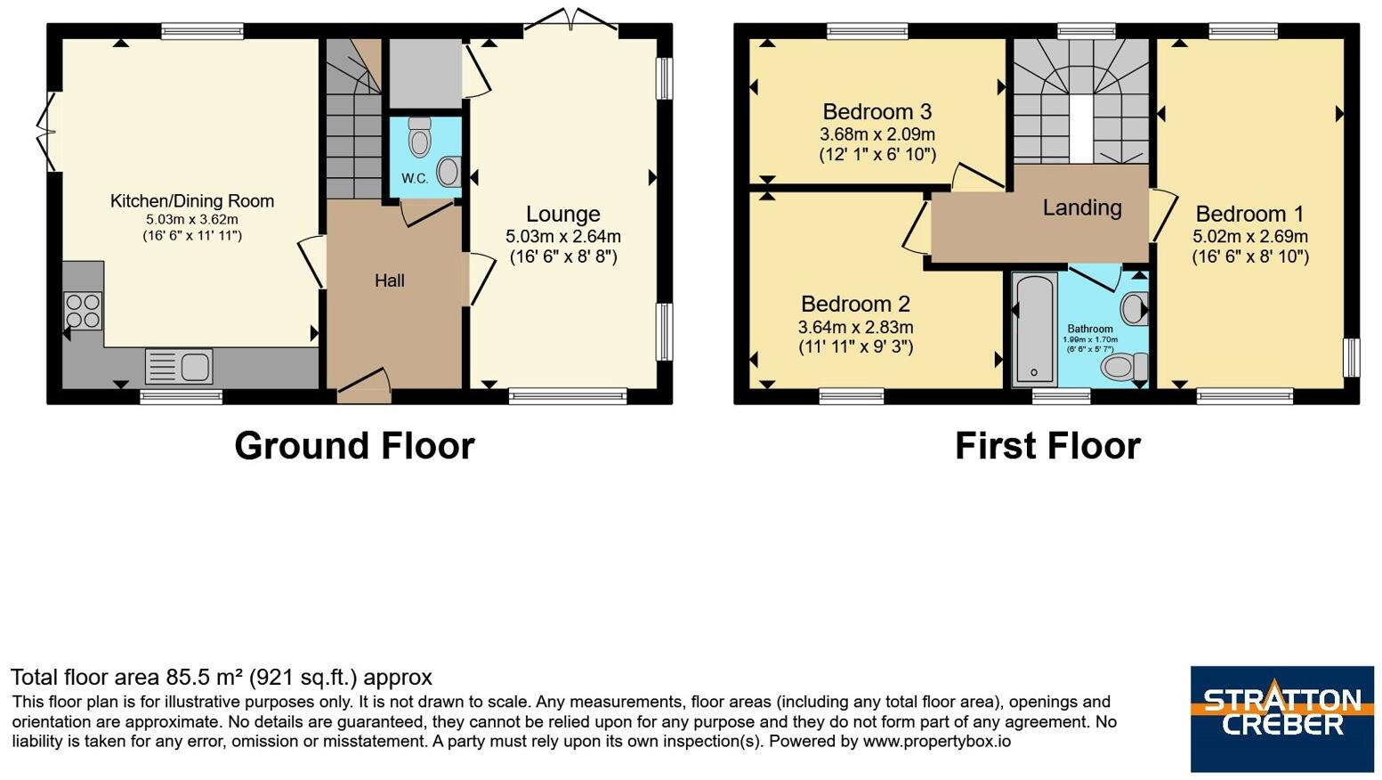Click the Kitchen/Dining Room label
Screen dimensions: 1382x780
(x=192, y=201)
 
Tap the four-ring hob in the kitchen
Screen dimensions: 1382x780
(x=83, y=311)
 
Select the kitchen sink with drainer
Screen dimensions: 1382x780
(x=179, y=366)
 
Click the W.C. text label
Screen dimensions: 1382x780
(x=415, y=179)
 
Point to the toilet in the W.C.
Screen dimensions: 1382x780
(x=420, y=135)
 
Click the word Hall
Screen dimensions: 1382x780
(x=390, y=280)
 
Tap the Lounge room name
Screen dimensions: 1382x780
(x=562, y=214)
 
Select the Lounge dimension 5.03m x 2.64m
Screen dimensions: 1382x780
(x=563, y=236)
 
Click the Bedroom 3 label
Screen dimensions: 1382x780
(x=877, y=111)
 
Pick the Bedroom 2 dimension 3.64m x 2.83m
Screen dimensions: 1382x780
(x=856, y=327)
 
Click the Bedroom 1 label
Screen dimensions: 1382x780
(x=1250, y=214)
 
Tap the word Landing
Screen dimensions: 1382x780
(x=1082, y=208)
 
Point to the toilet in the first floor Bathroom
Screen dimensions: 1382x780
(x=1124, y=367)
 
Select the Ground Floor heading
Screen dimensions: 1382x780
(x=355, y=445)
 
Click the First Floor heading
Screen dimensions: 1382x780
(x=1047, y=445)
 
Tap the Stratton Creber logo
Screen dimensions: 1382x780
(x=1282, y=719)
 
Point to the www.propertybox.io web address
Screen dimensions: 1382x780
(x=936, y=741)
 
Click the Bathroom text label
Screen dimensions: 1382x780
(x=1090, y=329)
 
